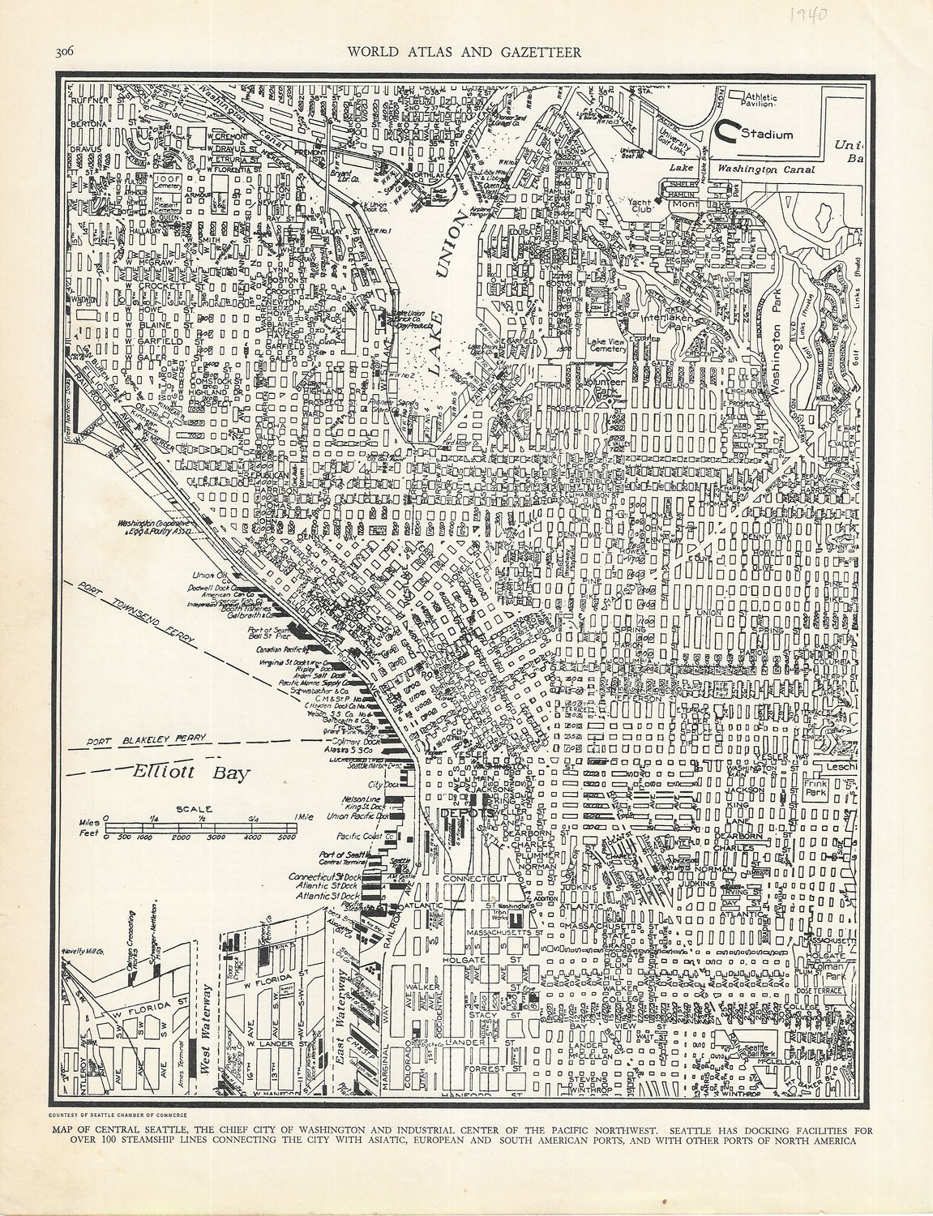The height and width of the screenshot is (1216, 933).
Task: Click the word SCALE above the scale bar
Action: click(x=198, y=808)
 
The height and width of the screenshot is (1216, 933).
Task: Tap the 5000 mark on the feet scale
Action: click(x=286, y=836)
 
